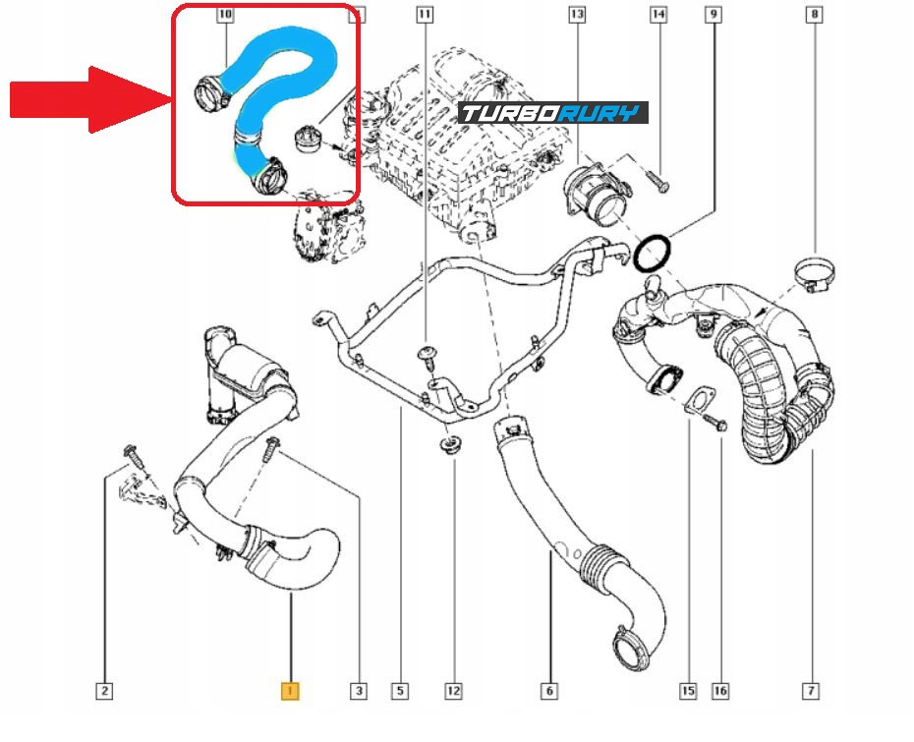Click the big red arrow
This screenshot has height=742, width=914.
[88, 98]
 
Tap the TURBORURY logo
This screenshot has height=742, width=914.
[553, 113]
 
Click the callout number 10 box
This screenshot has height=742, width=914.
[225, 15]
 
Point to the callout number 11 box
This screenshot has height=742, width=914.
[424, 15]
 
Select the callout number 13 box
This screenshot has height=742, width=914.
[576, 15]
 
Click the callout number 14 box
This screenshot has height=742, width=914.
[657, 15]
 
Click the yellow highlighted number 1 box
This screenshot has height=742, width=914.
[290, 692]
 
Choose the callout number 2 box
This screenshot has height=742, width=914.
[104, 692]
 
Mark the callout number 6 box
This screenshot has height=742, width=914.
[549, 692]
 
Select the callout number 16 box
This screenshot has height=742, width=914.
[720, 692]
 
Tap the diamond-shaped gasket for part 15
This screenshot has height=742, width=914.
[700, 400]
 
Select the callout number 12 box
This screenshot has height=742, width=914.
[453, 692]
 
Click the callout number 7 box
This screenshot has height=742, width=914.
[811, 692]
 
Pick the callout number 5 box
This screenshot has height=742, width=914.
[400, 692]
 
